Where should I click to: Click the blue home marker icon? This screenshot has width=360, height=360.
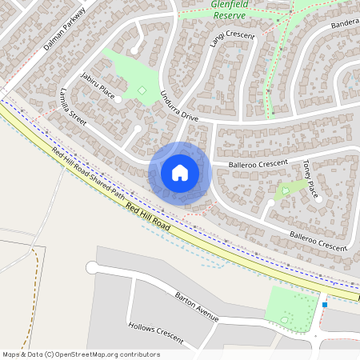point(180,172)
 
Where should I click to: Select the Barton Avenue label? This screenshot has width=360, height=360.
point(197,306)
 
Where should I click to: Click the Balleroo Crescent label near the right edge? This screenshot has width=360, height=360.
point(318,240)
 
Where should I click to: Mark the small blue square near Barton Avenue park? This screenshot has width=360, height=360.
point(325,304)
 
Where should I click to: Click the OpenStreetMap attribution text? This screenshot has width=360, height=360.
point(80,354)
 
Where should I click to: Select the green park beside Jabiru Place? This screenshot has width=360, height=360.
point(128,76)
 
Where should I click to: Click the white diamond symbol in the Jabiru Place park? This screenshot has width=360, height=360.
point(142,90)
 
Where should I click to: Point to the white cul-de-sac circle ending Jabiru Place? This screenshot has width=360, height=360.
point(118,100)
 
